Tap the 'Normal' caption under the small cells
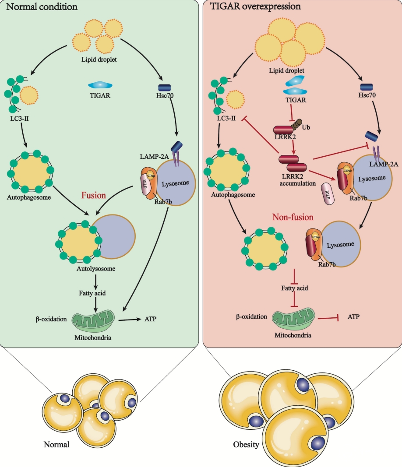pyautogui.click(x=56, y=445)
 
